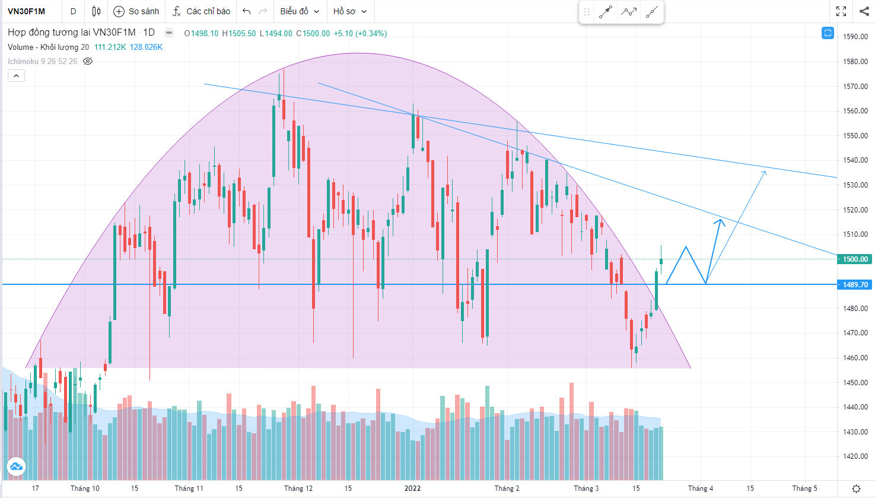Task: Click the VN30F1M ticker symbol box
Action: pyautogui.click(x=27, y=11)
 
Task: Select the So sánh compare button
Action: pyautogui.click(x=136, y=11)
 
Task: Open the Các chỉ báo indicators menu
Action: pyautogui.click(x=201, y=11)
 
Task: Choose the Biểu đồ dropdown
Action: pyautogui.click(x=300, y=11)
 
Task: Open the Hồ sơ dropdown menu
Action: pyautogui.click(x=349, y=11)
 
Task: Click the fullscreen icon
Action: pyautogui.click(x=841, y=11)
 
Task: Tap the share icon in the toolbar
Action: pyautogui.click(x=864, y=11)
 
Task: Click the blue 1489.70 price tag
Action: pyautogui.click(x=855, y=285)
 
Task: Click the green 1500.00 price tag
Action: pyautogui.click(x=855, y=259)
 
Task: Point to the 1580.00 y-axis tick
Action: pyautogui.click(x=855, y=62)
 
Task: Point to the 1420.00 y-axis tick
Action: pyautogui.click(x=855, y=456)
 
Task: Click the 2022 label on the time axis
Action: pyautogui.click(x=412, y=489)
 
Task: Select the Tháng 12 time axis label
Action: pyautogui.click(x=298, y=489)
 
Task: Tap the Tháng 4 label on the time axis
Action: pyautogui.click(x=701, y=489)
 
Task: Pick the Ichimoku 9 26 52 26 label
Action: pyautogui.click(x=42, y=61)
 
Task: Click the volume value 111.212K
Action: pyautogui.click(x=110, y=47)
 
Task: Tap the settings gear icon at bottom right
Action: pyautogui.click(x=856, y=489)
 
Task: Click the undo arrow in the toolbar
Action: pyautogui.click(x=247, y=11)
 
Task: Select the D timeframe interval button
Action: pyautogui.click(x=73, y=11)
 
